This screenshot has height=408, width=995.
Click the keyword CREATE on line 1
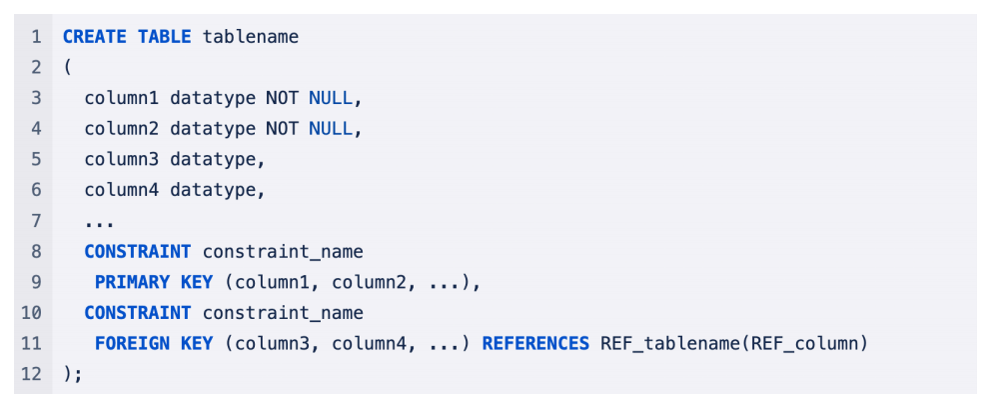(95, 37)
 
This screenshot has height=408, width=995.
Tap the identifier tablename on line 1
(251, 37)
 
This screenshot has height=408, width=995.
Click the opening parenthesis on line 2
(67, 68)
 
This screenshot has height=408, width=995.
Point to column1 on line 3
(122, 98)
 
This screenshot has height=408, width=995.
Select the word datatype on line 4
(213, 129)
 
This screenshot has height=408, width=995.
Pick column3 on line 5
(122, 159)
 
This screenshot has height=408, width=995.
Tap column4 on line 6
(122, 190)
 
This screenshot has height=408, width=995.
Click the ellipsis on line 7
(100, 221)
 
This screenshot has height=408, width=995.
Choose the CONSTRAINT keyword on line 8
(138, 251)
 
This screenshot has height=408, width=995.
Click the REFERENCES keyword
(535, 343)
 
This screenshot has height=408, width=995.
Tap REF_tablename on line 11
(665, 343)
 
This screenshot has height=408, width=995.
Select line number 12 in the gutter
(31, 374)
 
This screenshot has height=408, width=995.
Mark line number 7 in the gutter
(36, 221)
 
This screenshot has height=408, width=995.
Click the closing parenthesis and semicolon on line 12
(72, 374)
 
